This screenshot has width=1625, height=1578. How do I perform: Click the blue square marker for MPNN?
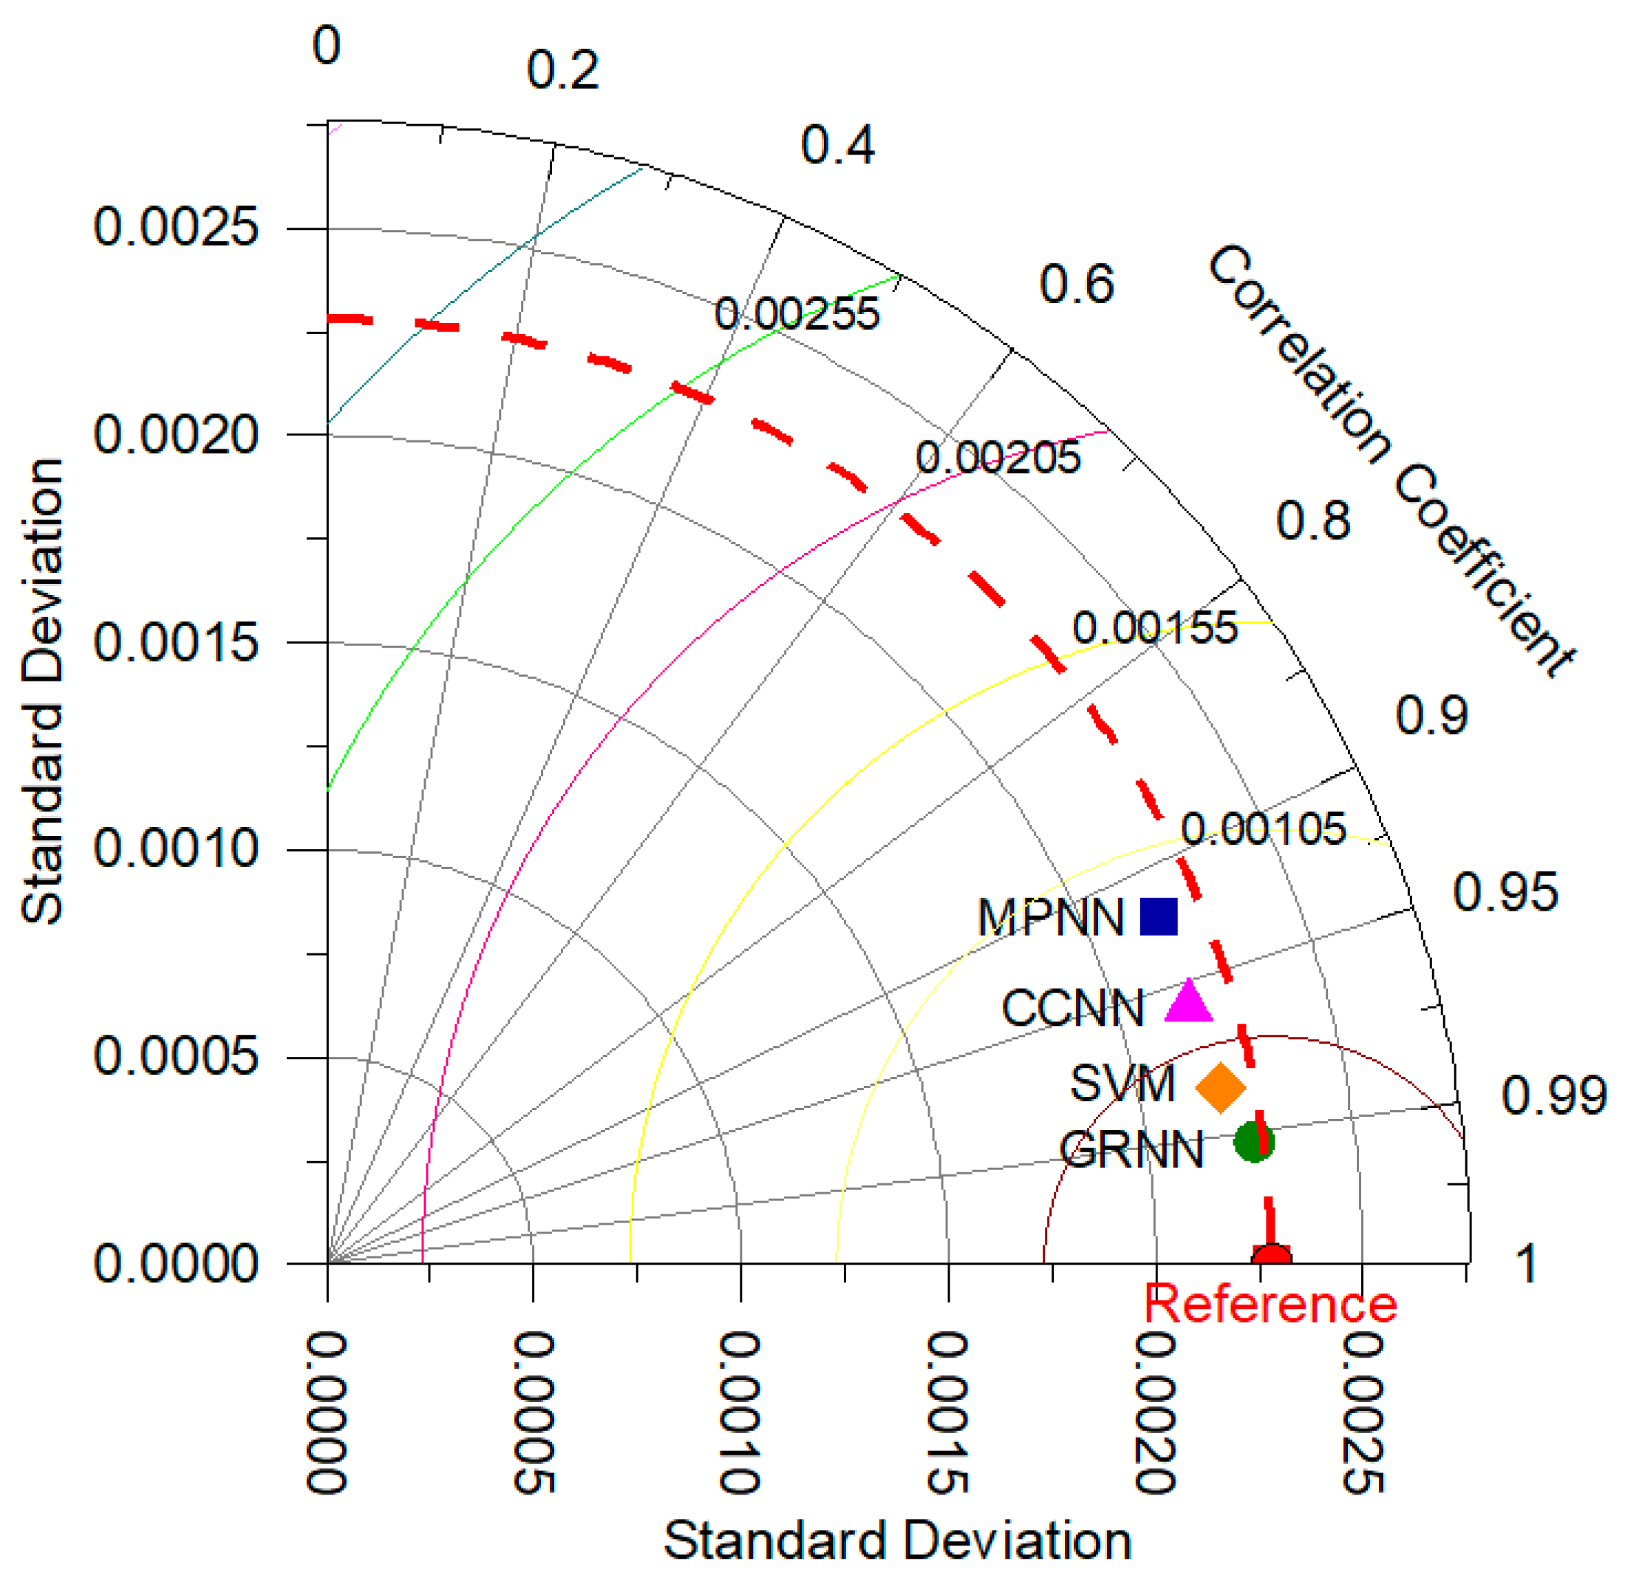click(1158, 916)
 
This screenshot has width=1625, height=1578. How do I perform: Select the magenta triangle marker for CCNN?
click(1188, 1001)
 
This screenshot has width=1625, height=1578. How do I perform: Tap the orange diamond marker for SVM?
click(1219, 1087)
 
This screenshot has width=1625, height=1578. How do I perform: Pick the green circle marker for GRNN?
click(1253, 1142)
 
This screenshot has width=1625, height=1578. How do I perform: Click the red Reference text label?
click(1270, 1304)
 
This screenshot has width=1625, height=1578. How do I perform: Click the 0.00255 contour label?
click(796, 314)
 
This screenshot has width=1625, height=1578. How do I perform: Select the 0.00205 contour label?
click(998, 458)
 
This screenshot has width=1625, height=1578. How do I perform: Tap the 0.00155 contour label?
click(1154, 628)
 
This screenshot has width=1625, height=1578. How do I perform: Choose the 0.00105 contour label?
click(1263, 829)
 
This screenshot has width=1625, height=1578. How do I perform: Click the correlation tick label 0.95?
click(1505, 892)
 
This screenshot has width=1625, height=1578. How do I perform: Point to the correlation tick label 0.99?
click(1553, 1095)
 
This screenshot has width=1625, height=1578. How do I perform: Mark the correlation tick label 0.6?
click(1076, 285)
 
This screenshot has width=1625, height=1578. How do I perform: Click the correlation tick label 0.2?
click(562, 69)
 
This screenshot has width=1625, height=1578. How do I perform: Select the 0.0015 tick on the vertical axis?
click(176, 642)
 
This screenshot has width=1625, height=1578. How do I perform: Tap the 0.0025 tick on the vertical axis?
click(176, 226)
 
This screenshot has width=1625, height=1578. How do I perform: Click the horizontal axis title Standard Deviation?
click(897, 1541)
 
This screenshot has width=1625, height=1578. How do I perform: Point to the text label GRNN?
click(1131, 1150)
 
